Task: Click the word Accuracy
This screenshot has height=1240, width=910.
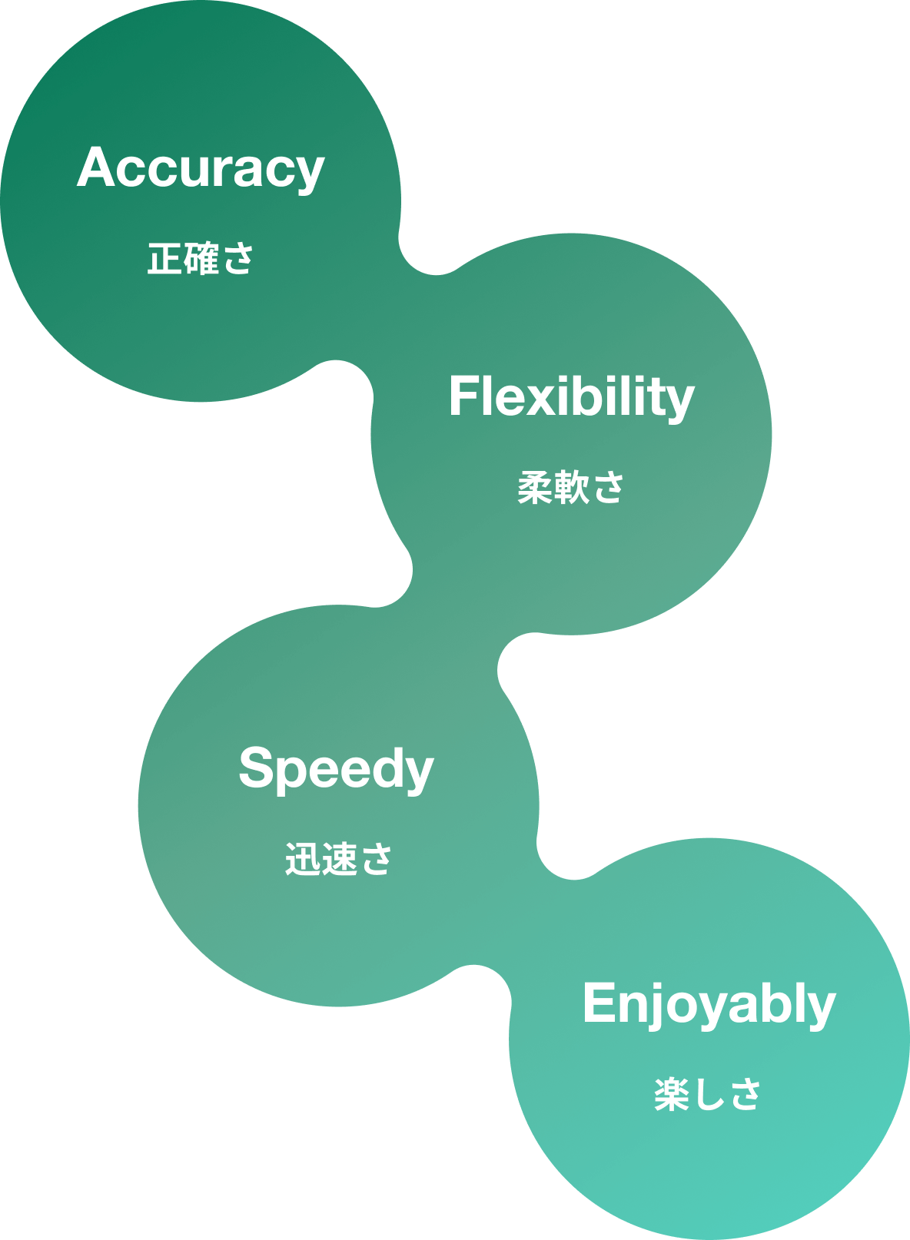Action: tap(201, 168)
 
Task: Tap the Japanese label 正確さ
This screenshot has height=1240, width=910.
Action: tap(201, 258)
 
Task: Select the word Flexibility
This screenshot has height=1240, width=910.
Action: tap(571, 397)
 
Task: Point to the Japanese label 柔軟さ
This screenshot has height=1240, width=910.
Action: tap(570, 487)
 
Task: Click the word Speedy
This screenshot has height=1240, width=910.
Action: tap(336, 768)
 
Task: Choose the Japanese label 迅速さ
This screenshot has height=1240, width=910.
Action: tap(338, 859)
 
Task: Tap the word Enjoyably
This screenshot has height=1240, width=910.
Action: tap(709, 1004)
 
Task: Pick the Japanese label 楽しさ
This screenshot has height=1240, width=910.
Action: tap(707, 1094)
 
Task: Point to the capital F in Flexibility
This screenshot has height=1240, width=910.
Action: tap(461, 396)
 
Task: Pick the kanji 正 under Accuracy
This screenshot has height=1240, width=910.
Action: tap(164, 259)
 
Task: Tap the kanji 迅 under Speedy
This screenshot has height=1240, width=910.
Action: tap(302, 859)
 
